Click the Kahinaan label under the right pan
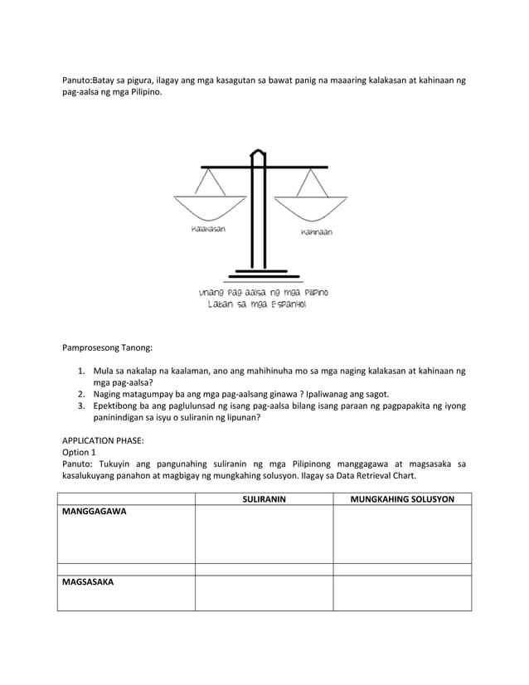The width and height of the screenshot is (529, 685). (316, 232)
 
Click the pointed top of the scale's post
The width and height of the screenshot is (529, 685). (260, 153)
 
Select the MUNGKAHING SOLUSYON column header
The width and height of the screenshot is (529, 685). (402, 498)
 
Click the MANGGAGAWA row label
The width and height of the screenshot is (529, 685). (94, 513)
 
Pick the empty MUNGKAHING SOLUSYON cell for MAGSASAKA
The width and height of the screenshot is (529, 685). (402, 593)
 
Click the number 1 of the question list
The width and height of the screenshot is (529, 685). (81, 372)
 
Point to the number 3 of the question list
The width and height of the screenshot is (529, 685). (81, 407)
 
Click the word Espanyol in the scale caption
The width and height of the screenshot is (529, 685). (284, 304)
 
